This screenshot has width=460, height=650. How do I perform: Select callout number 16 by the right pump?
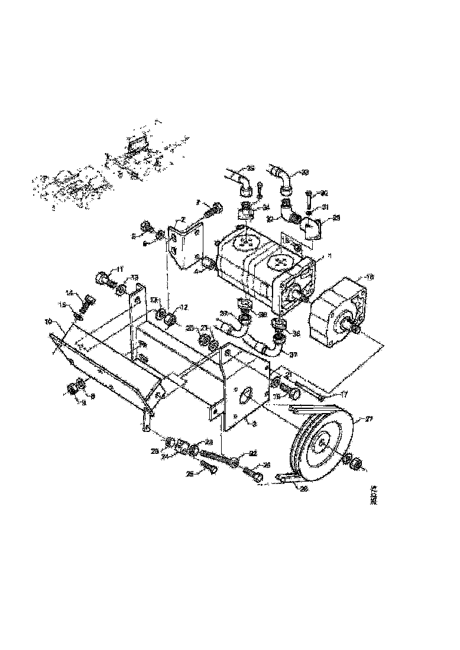click(x=370, y=277)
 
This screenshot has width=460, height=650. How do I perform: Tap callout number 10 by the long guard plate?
click(x=49, y=323)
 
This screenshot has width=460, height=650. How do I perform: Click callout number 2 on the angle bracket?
click(x=183, y=220)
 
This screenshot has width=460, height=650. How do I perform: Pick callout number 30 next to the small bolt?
click(x=323, y=193)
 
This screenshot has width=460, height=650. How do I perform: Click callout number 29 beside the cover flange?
click(x=336, y=218)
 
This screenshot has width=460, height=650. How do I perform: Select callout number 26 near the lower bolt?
click(x=266, y=465)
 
